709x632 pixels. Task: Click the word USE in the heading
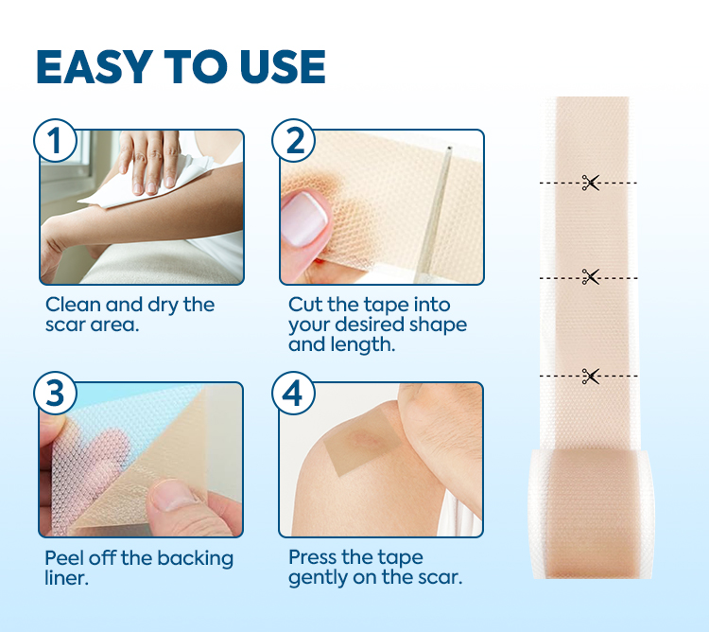click(x=277, y=66)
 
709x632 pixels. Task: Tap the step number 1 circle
click(x=56, y=141)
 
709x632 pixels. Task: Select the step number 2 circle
click(x=294, y=141)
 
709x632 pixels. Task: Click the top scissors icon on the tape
click(x=591, y=183)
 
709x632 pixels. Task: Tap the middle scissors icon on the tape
click(x=591, y=276)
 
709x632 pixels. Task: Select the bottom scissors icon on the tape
click(x=591, y=377)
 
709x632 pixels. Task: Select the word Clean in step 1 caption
click(x=73, y=305)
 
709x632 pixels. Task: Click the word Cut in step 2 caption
click(x=304, y=305)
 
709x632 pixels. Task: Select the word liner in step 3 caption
click(x=66, y=577)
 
